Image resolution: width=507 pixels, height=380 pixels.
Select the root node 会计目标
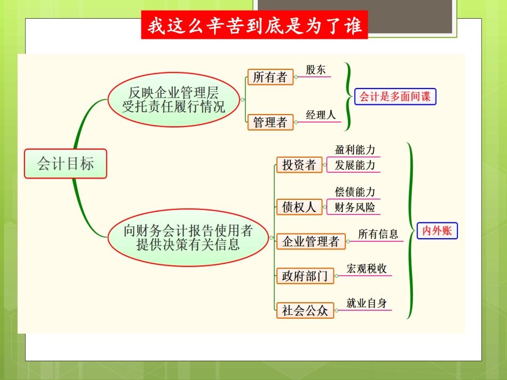[x=66, y=163]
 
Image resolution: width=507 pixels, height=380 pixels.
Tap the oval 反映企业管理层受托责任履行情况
[x=174, y=99]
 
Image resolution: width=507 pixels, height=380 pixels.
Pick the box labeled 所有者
[x=270, y=77]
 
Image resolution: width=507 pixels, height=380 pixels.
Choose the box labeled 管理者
[x=270, y=123]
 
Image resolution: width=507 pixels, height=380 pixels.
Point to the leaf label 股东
[x=315, y=70]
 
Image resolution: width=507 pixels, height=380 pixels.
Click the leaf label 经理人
[x=321, y=115]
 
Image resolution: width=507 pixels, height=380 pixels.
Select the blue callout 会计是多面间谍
[x=395, y=96]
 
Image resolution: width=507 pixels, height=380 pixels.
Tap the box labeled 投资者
[x=299, y=165]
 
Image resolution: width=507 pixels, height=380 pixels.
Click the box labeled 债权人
[x=299, y=207]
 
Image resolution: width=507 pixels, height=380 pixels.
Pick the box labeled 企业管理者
[x=311, y=241]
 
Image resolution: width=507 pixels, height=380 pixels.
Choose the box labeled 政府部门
[x=305, y=276]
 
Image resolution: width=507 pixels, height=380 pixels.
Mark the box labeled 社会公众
[x=305, y=310]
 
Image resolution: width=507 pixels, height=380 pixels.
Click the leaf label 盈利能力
[x=355, y=150]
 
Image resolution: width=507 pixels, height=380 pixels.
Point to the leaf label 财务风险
[x=355, y=207]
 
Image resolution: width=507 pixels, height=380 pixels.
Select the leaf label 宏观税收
[x=367, y=269]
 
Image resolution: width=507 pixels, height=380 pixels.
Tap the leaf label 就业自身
[x=367, y=303]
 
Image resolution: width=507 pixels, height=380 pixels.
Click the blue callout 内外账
[x=437, y=231]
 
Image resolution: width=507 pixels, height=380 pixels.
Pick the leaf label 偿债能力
[x=355, y=192]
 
